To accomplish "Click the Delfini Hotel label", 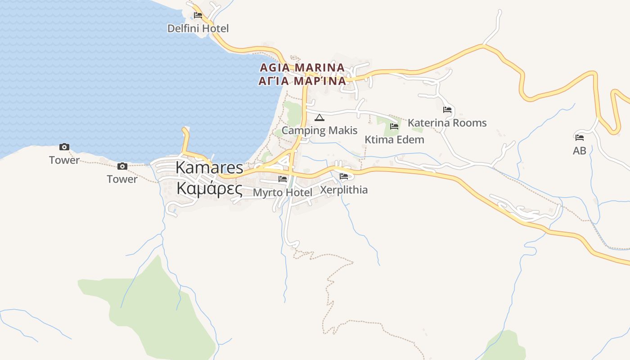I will (x=198, y=28).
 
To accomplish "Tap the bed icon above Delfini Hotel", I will (x=198, y=15).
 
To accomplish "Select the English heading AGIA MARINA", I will (x=302, y=67).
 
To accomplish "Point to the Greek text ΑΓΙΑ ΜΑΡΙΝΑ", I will (x=302, y=81).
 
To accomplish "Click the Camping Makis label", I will (x=319, y=130).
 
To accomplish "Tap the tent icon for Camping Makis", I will (x=319, y=118).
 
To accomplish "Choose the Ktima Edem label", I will (x=394, y=139).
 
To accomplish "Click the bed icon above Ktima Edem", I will (x=394, y=126).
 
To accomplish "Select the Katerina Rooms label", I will (x=447, y=123).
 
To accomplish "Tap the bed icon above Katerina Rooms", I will (x=447, y=110).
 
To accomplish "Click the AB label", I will (x=580, y=151).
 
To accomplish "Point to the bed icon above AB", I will (x=580, y=138).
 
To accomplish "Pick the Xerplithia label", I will (x=344, y=190).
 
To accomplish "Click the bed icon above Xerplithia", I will (x=344, y=176).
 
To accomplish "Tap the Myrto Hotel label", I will (x=283, y=193).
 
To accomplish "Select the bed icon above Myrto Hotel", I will (x=283, y=179).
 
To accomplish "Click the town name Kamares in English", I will (x=209, y=167).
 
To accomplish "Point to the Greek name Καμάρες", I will (x=209, y=189).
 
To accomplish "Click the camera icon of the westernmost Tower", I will (x=64, y=147).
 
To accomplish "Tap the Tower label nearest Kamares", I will (x=122, y=179).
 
